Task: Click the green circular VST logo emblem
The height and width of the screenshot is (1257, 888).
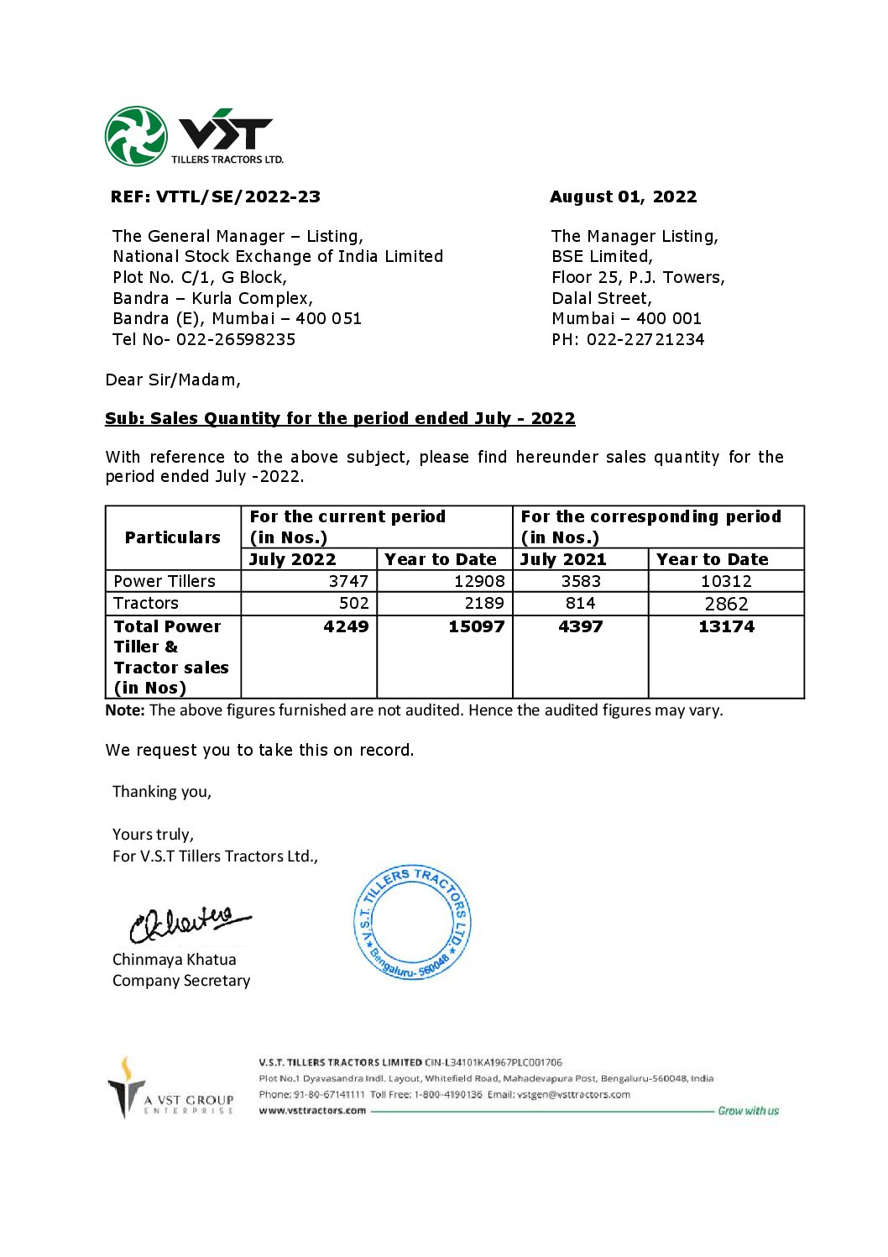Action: (x=135, y=136)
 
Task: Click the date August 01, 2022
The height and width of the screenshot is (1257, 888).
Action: (x=623, y=197)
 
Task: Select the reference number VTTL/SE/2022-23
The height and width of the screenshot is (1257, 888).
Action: (x=238, y=197)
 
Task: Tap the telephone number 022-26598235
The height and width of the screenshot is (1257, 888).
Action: (x=236, y=340)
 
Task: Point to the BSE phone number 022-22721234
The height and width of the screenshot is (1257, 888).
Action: (x=645, y=340)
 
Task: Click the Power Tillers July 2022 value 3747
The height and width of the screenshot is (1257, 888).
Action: (x=348, y=581)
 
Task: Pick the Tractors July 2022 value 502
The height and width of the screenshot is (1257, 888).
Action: (x=353, y=603)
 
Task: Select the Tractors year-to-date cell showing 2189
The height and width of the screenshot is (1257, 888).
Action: (x=484, y=603)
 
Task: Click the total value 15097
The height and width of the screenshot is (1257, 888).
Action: (x=476, y=626)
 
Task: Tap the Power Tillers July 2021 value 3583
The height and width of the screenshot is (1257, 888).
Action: (x=581, y=581)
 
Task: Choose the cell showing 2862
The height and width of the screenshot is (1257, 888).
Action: (x=726, y=604)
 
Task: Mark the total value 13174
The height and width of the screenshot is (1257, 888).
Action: (x=726, y=626)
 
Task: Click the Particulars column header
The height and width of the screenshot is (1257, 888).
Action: (x=173, y=537)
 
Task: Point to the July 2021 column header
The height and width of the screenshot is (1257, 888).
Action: (x=562, y=559)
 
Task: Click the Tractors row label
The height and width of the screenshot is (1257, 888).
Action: (x=146, y=603)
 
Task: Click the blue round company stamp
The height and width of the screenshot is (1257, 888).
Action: (x=412, y=922)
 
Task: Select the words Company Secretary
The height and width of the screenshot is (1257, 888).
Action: (x=181, y=981)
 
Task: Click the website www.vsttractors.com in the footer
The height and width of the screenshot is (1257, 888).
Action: (x=312, y=1111)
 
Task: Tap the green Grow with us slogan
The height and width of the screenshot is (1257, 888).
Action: (x=748, y=1111)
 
